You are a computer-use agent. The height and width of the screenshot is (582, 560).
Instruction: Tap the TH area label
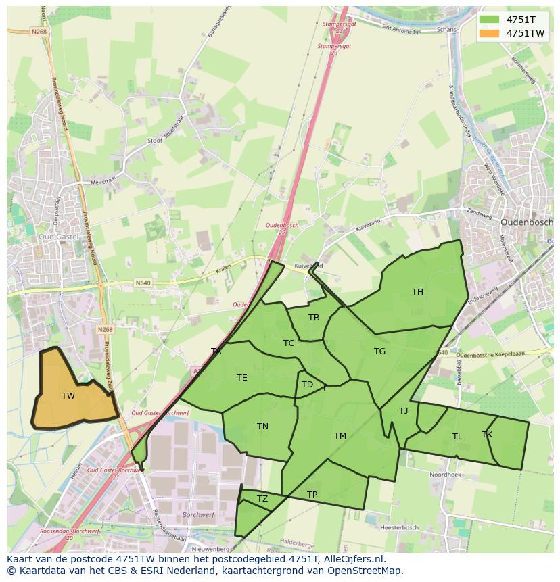coord(417,292)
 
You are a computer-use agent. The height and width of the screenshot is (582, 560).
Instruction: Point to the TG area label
coord(379,351)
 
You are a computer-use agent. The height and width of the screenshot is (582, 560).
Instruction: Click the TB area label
coord(314,318)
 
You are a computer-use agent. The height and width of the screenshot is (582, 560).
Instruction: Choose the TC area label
coord(289,343)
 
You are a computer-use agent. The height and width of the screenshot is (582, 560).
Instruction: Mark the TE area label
coord(241,378)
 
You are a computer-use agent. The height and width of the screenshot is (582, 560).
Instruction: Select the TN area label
coord(262,427)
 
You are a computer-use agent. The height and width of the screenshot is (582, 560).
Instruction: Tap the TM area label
coord(340,436)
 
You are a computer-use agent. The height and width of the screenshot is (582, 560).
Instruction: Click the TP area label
coord(312,495)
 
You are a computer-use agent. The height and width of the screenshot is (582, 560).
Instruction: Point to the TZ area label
coord(262,500)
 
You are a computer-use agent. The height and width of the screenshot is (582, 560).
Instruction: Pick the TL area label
coord(457,437)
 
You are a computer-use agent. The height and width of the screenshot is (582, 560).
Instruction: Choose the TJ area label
coord(403,411)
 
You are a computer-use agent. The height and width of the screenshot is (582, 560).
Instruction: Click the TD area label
coord(307,385)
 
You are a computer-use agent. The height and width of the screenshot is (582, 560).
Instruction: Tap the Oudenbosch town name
coord(527,222)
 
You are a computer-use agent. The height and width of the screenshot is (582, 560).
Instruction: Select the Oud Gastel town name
coord(58,237)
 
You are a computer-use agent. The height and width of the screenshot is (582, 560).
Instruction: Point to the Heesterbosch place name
coord(400,527)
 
